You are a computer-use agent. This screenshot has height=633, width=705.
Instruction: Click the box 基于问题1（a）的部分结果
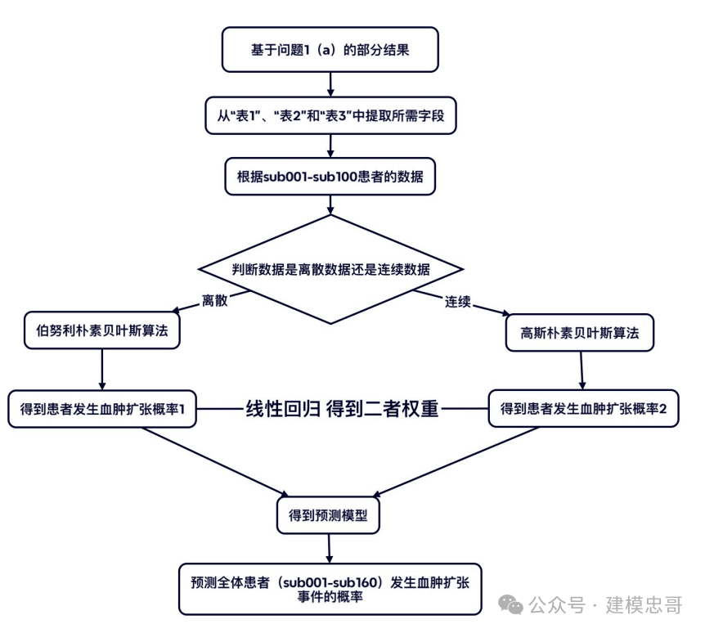coord(330,50)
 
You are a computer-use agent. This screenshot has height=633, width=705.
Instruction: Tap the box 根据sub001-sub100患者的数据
coord(330,176)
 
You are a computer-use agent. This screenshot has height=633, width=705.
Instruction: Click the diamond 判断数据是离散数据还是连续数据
coord(331,270)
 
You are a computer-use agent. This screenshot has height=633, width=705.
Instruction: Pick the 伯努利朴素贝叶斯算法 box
coord(102,330)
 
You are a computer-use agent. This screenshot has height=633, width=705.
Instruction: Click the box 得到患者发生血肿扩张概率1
coord(102,410)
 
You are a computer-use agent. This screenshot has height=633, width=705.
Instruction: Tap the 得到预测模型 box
coord(330,515)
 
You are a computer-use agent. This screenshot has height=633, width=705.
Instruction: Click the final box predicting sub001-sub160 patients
coord(330,589)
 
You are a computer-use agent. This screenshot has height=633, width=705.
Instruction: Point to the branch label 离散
coord(215,300)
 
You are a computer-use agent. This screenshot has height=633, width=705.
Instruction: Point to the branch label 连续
coord(457,301)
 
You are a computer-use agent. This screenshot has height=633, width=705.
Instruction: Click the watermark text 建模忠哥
coord(644,605)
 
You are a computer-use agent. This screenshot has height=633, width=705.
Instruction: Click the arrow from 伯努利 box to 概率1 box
coord(102,370)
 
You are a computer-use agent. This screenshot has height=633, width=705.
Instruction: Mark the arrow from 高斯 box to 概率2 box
coord(582,370)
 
